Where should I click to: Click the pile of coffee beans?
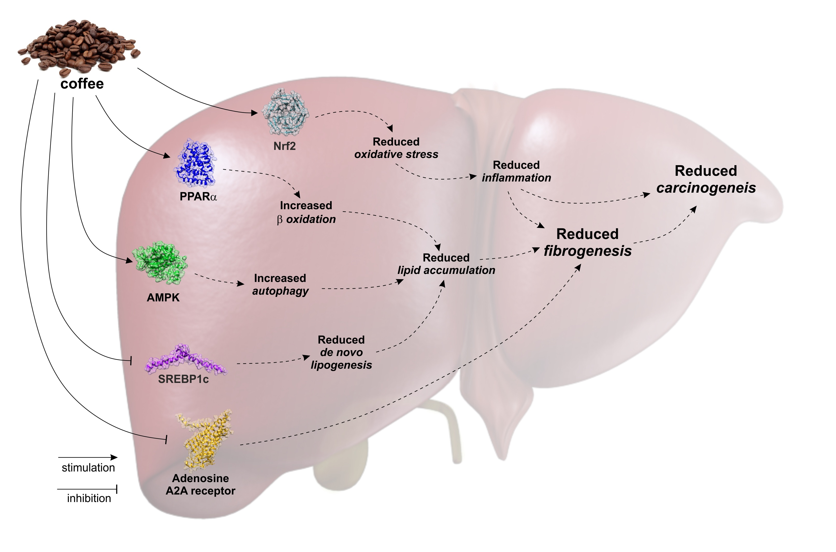pos(79,48)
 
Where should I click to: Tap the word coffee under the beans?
pos(82,84)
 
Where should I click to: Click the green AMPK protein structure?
pos(160,263)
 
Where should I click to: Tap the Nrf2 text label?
pos(285,146)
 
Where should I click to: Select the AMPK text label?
pos(163,297)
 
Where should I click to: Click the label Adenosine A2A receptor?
pos(200,484)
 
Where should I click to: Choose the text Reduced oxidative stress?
pos(396,148)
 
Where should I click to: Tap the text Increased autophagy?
pos(280,285)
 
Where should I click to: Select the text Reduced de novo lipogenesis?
pos(341,352)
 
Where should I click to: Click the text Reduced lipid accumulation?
pos(446,264)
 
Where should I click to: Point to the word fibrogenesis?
pos(587,251)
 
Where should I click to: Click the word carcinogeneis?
pos(706,188)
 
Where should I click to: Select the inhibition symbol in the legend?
pos(87,489)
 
